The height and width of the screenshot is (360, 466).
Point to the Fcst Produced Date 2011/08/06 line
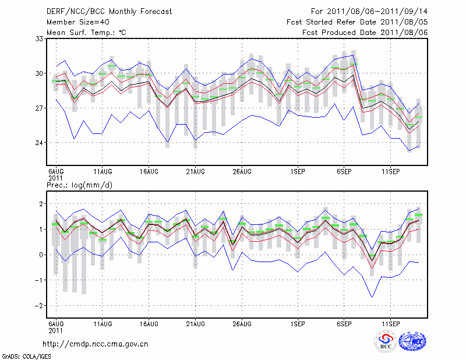(x=365, y=32)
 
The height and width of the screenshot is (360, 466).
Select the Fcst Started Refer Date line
(x=357, y=22)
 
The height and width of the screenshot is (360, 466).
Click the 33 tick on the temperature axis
(x=40, y=38)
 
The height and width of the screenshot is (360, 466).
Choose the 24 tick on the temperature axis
(x=40, y=143)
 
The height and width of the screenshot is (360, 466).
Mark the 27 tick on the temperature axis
(x=40, y=108)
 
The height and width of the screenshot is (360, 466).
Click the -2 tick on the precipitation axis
(x=38, y=306)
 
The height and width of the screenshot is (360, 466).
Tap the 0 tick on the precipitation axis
(x=41, y=255)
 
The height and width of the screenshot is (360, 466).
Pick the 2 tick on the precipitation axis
(x=41, y=204)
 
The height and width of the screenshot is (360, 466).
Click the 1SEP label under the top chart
(x=298, y=171)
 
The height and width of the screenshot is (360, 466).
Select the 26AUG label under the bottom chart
(x=242, y=323)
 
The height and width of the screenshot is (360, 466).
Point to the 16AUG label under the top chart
(x=149, y=171)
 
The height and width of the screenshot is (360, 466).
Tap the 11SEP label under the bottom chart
(x=390, y=323)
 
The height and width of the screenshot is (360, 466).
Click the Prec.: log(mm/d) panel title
(x=79, y=185)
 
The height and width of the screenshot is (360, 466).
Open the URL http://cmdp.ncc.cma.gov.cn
(x=96, y=344)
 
